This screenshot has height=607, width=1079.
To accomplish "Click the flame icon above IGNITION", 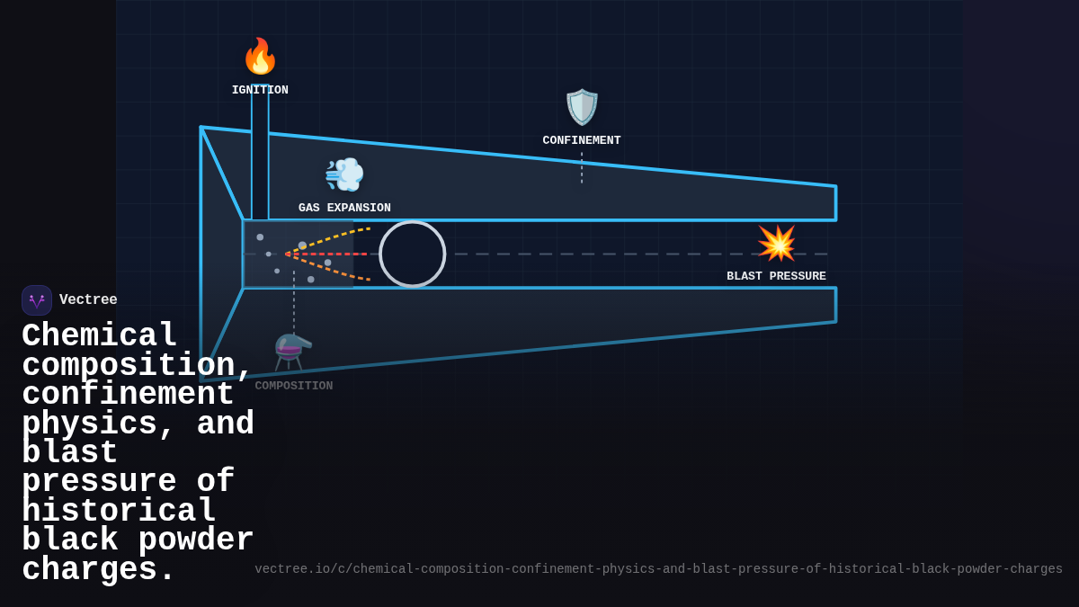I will click(260, 57).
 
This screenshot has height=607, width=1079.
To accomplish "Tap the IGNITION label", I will click(260, 90).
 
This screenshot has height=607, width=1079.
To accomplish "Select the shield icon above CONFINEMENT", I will click(582, 107).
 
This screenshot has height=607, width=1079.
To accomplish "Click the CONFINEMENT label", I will click(582, 140).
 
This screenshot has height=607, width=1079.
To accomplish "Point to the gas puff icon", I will click(344, 174).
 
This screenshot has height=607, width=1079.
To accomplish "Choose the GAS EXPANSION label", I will click(344, 208).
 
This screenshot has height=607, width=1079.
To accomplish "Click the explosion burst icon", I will click(777, 243).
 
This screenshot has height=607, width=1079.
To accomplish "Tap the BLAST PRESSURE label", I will click(776, 276).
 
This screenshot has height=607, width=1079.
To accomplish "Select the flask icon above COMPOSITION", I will click(293, 352).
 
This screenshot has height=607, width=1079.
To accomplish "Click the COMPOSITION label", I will click(293, 386).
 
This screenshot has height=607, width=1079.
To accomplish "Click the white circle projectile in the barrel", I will click(413, 254).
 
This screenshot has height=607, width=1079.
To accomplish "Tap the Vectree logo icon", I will click(37, 300).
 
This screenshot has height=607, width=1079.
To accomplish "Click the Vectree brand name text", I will click(88, 299).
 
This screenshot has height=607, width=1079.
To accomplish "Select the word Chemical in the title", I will click(100, 336).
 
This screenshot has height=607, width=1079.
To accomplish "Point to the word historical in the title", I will click(119, 512).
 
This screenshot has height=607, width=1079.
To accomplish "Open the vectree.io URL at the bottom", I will click(658, 569).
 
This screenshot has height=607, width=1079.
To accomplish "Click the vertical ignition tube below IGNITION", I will click(260, 153).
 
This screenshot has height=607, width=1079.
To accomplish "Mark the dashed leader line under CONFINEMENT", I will click(582, 168).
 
